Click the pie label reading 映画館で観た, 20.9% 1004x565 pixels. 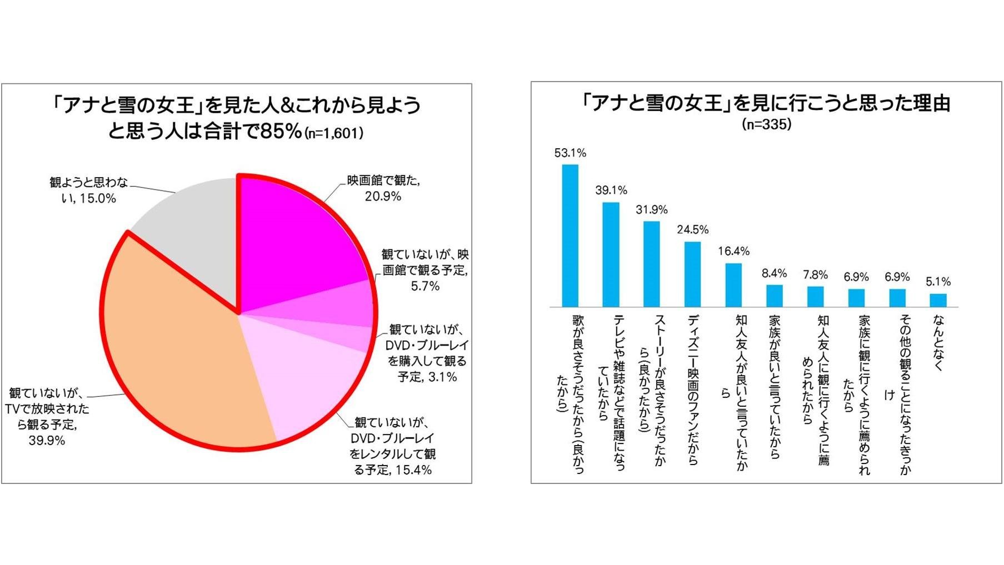(383, 189)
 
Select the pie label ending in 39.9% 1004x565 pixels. (47, 417)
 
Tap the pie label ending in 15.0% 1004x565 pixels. (89, 190)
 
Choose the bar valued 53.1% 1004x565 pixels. (570, 235)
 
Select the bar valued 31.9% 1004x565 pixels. (651, 264)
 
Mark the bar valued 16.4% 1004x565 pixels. (733, 285)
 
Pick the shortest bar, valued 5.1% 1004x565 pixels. (938, 300)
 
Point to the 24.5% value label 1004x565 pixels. (692, 230)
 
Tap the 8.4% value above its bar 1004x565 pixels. (774, 274)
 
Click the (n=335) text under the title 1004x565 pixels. (766, 124)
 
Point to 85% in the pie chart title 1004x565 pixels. (282, 132)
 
